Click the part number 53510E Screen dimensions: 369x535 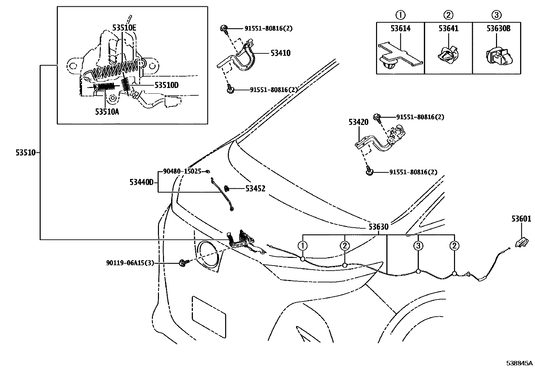(124, 28)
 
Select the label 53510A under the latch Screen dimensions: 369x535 (107, 112)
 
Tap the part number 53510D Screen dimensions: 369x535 (166, 85)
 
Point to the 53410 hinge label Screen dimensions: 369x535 (280, 53)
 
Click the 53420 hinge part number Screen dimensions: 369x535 (358, 122)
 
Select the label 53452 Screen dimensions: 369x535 (255, 189)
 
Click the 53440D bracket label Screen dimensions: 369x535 (141, 182)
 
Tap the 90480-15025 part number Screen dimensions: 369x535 (182, 171)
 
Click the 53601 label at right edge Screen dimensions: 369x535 (521, 219)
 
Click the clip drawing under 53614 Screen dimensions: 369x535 (400, 57)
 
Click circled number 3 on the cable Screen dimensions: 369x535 (418, 246)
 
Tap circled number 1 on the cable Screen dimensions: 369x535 (302, 246)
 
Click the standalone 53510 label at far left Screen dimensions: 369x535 (25, 153)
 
